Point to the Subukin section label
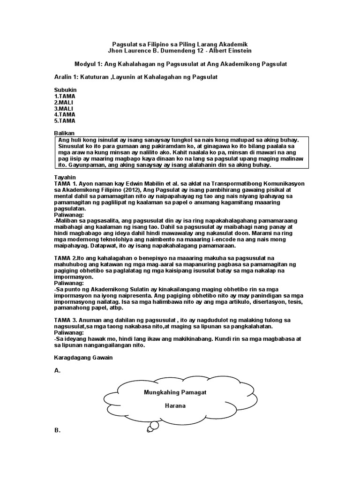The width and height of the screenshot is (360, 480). tap(65, 90)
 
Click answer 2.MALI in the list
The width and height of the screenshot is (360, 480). tap(64, 102)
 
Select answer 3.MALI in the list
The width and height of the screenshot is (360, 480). tap(64, 108)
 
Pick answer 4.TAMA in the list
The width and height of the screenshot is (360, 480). tap(65, 114)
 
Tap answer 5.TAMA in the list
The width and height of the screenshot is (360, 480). tap(65, 120)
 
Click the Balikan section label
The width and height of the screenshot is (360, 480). tap(65, 133)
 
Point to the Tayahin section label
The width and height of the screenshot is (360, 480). tap(65, 178)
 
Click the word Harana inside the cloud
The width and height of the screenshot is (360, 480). tap(175, 406)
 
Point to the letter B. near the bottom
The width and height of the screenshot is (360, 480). tap(58, 430)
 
